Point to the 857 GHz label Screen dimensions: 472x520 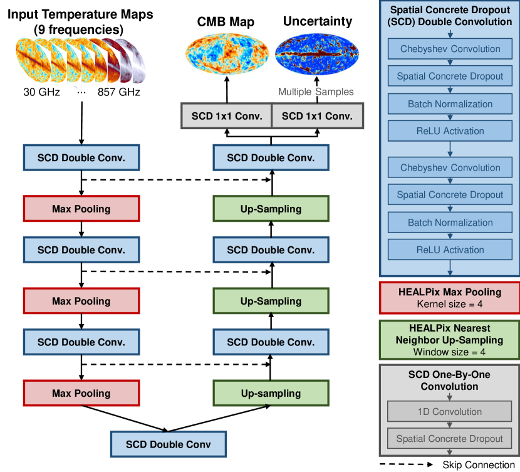119,92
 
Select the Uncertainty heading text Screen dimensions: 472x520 318,21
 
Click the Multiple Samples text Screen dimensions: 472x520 316,92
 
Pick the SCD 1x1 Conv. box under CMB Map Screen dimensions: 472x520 226,116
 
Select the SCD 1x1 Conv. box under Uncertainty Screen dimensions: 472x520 317,116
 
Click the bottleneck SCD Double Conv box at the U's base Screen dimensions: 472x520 167,444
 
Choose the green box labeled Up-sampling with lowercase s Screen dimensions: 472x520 271,394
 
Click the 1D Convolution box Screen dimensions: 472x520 449,412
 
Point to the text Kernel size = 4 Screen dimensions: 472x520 449,305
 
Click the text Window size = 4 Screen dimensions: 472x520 449,352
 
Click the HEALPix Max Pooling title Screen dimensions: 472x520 449,292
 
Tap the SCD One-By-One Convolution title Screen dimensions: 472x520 449,381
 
